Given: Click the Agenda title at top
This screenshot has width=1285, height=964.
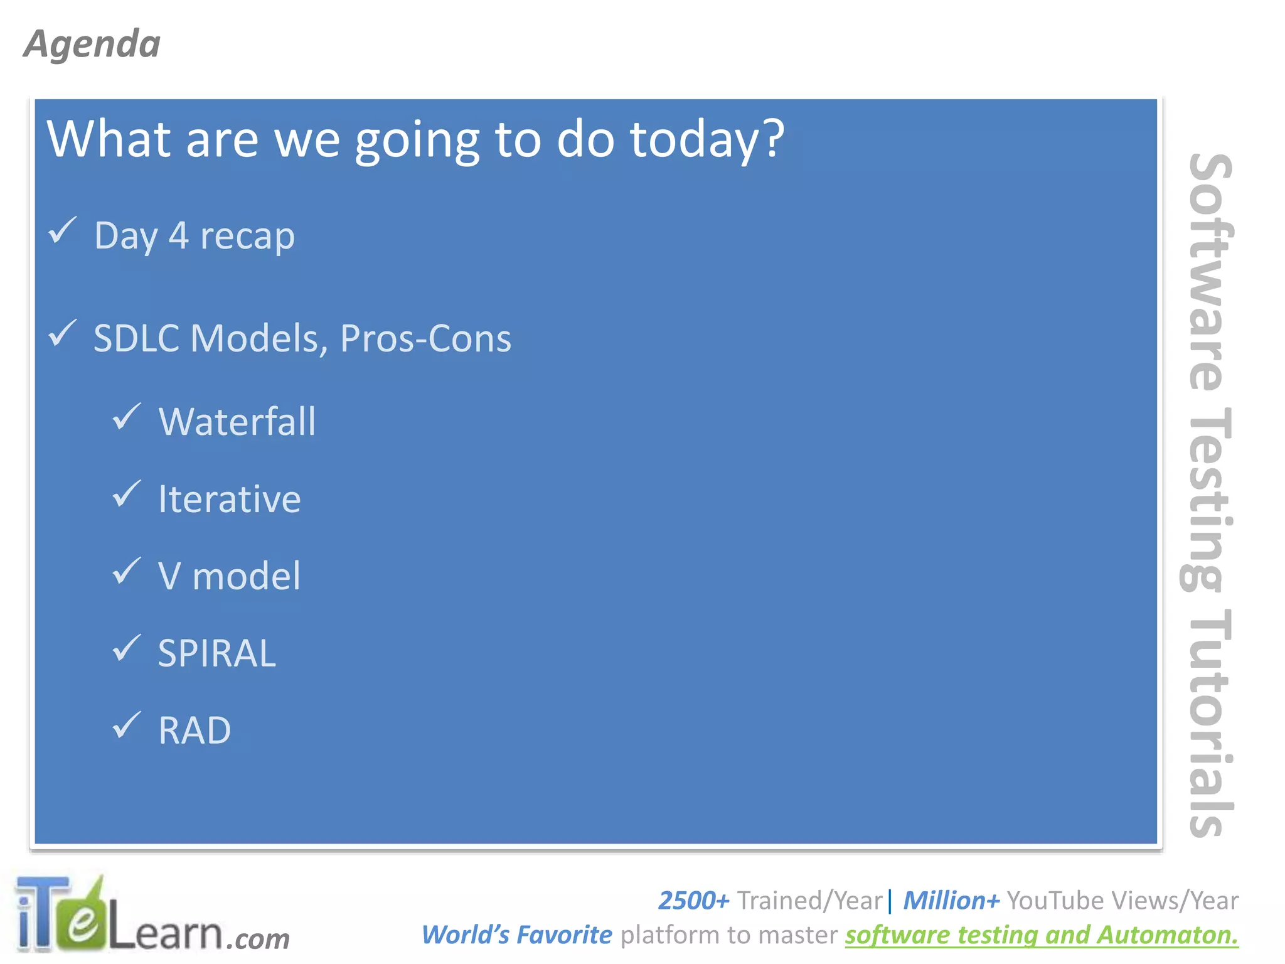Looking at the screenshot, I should [92, 44].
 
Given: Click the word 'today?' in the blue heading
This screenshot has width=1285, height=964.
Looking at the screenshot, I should [707, 139].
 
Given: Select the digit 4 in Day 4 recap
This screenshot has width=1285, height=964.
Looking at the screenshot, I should [178, 236].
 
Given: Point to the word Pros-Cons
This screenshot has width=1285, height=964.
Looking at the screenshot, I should [425, 338].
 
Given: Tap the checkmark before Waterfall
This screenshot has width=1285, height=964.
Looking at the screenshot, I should [126, 417].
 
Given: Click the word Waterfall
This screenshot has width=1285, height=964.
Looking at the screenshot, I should [237, 421].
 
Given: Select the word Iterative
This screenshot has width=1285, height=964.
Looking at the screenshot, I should [229, 499].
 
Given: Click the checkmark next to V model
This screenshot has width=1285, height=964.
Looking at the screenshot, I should [126, 571].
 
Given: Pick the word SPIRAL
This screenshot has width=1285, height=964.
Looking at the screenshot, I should [216, 653].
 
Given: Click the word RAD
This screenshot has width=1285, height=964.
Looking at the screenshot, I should [195, 731].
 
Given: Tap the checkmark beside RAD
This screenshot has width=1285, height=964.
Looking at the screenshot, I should [126, 726].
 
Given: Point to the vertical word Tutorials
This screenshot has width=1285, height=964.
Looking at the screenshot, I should [1206, 722].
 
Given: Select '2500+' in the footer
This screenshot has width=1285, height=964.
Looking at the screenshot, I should [693, 901].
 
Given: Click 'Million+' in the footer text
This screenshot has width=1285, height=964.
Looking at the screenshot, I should [951, 901].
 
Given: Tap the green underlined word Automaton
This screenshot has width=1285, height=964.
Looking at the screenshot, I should [1168, 935].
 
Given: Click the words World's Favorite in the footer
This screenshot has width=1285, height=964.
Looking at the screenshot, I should [516, 935].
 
